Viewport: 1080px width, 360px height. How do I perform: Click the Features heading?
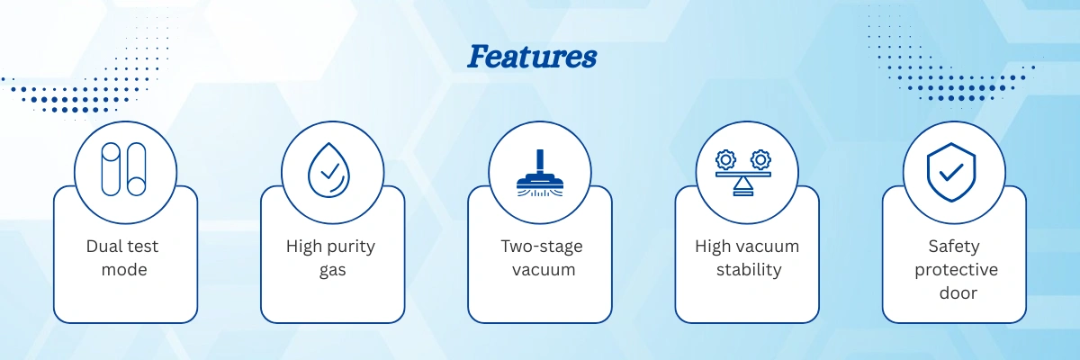click(532, 57)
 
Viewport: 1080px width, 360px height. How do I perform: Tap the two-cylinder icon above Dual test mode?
click(124, 169)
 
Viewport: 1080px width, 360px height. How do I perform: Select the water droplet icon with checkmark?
click(329, 170)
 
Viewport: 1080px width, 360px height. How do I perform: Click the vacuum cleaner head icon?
click(540, 173)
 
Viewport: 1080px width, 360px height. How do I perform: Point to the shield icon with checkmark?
click(951, 172)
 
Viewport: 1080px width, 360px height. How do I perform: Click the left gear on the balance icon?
click(726, 160)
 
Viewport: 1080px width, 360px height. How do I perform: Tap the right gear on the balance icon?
click(760, 160)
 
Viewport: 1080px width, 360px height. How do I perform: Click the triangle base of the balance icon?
click(743, 186)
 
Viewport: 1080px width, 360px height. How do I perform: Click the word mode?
click(124, 269)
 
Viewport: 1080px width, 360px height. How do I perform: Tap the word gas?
click(333, 271)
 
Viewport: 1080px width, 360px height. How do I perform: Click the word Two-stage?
click(542, 247)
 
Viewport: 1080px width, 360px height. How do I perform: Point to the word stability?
click(749, 270)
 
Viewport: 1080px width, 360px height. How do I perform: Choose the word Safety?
click(954, 247)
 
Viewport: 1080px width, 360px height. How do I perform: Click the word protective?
click(956, 270)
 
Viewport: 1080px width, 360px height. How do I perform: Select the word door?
click(958, 293)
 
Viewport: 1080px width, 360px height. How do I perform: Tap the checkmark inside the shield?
click(952, 172)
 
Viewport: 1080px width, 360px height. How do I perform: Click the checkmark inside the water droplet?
click(330, 171)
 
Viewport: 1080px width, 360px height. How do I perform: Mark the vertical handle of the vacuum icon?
click(540, 161)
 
